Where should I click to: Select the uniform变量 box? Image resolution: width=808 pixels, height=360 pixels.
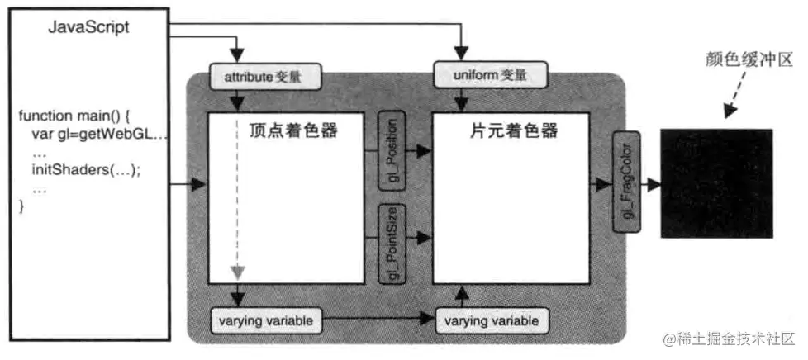tap(491, 77)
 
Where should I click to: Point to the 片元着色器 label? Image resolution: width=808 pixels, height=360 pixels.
tap(525, 131)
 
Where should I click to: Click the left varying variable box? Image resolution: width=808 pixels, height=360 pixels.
tap(263, 320)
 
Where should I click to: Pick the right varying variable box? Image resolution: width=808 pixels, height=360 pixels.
tap(492, 320)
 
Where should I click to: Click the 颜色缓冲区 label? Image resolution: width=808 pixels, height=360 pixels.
tap(737, 59)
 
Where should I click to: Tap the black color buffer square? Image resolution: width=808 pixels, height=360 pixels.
tap(716, 183)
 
